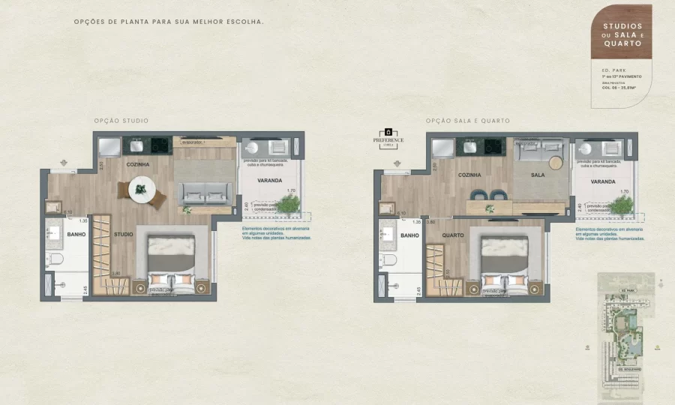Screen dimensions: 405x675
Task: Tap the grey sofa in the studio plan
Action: coord(202,193)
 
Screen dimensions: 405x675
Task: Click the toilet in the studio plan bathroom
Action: coord(55,260)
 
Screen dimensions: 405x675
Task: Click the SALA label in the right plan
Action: coord(538,174)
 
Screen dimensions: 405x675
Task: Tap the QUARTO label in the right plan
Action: coord(453,235)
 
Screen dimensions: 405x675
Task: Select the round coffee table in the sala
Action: coord(556,163)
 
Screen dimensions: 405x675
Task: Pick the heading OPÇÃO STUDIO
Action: coord(121,121)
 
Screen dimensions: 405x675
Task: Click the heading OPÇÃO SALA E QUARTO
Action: coord(468,121)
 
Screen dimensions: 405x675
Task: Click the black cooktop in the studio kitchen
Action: coord(161,145)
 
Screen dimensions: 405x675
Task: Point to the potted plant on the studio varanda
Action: coord(287,203)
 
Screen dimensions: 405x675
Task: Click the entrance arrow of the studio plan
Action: coord(63,162)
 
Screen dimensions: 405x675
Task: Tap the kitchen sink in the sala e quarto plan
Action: coord(470,145)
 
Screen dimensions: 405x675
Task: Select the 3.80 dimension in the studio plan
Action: coord(116,273)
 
